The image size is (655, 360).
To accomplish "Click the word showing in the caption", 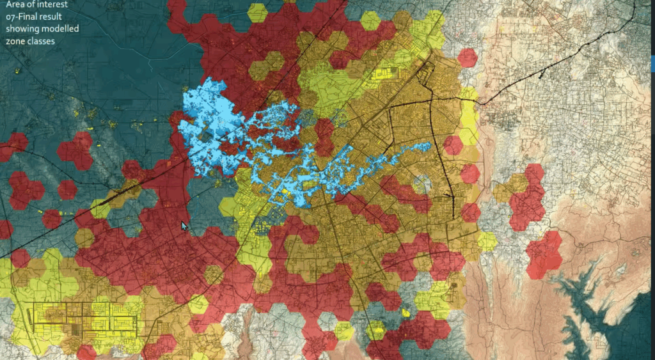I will click(20, 29).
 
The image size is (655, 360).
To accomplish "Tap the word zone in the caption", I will click(16, 42).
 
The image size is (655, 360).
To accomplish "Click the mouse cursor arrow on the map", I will click(184, 226).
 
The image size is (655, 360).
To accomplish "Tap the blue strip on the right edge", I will click(652, 63).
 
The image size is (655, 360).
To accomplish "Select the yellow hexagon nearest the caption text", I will click(257, 13).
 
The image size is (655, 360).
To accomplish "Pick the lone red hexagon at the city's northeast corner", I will click(468, 58).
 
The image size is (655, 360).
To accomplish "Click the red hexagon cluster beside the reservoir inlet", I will click(544, 255).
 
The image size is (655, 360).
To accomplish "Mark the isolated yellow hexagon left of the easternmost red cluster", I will click(487, 241).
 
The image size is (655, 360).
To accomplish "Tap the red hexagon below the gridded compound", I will click(86, 352).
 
